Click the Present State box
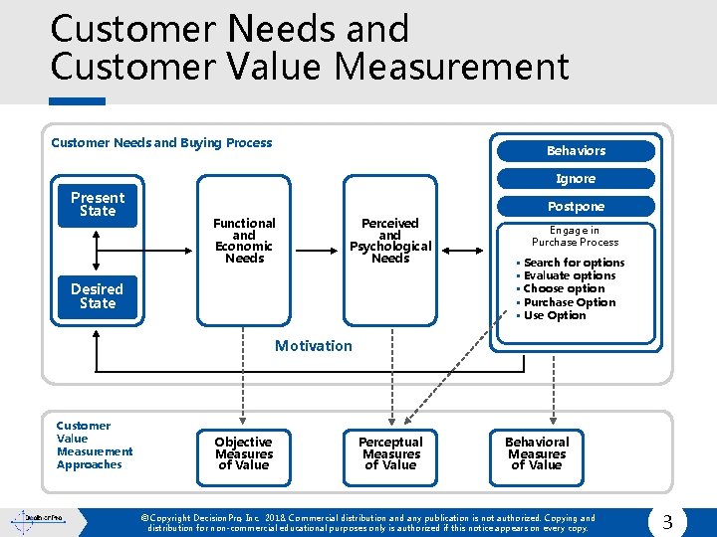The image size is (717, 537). point(98,204)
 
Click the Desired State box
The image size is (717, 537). point(98,296)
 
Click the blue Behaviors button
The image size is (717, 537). point(576,151)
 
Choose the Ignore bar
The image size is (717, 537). point(576,179)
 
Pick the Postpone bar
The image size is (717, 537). point(576,207)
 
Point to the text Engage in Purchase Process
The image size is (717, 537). point(575,236)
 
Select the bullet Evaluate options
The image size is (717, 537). point(570,275)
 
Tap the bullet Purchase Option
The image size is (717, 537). point(570,302)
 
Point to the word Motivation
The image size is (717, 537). point(314,346)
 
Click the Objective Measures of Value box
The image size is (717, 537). point(244,453)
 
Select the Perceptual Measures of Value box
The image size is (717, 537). point(390,453)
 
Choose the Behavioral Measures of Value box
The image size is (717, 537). point(537,453)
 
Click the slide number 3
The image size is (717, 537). point(667,520)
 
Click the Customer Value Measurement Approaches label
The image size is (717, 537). point(95,445)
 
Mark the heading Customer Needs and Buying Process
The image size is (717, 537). point(161,143)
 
